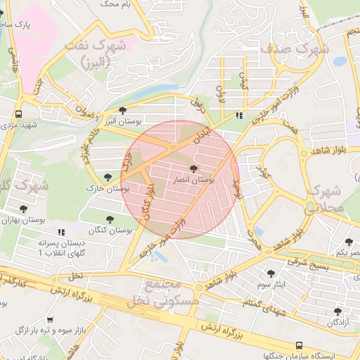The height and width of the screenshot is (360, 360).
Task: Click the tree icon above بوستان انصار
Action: [x=194, y=168]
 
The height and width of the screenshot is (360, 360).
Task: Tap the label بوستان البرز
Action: [x=118, y=122]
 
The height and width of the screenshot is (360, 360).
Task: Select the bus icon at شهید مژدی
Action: [x=18, y=113]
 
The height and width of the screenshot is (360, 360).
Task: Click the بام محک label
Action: [x=116, y=4]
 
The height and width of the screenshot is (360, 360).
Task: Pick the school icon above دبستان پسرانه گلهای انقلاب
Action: [x=62, y=231]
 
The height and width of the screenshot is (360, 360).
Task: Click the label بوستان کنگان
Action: [x=111, y=230]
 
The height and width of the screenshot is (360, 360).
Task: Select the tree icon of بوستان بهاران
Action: [x=23, y=209]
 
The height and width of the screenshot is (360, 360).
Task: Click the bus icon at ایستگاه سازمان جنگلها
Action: [x=300, y=345]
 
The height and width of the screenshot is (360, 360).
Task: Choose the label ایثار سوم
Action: [x=270, y=285]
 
